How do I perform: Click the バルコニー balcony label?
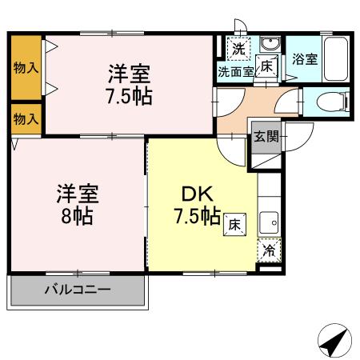click(77, 289)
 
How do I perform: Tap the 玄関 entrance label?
click(266, 137)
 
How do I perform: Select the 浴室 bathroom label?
click(304, 58)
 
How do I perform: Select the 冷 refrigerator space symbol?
click(270, 250)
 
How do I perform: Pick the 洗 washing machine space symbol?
click(238, 48)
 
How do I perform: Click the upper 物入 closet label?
click(26, 68)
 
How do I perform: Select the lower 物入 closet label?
click(26, 119)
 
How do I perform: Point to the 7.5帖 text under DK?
click(198, 216)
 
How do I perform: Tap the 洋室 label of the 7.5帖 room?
click(130, 74)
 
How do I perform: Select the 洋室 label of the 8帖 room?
click(76, 194)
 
